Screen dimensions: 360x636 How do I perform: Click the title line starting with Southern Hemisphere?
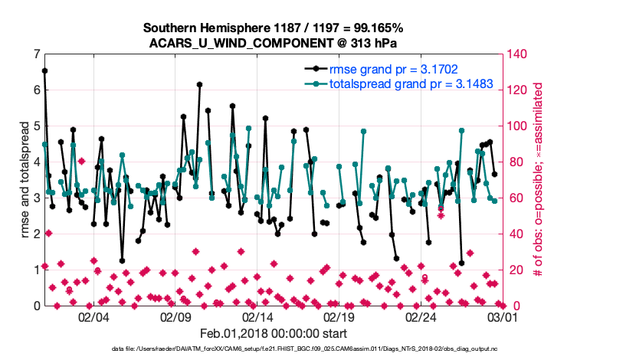273,28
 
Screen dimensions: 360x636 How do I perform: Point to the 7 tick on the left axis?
37,54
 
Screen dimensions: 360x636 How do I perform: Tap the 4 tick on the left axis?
37,162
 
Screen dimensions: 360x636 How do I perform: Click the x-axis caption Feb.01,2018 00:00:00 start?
273,333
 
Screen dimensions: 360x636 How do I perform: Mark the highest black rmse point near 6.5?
44,70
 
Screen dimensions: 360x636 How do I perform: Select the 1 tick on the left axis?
37,270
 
